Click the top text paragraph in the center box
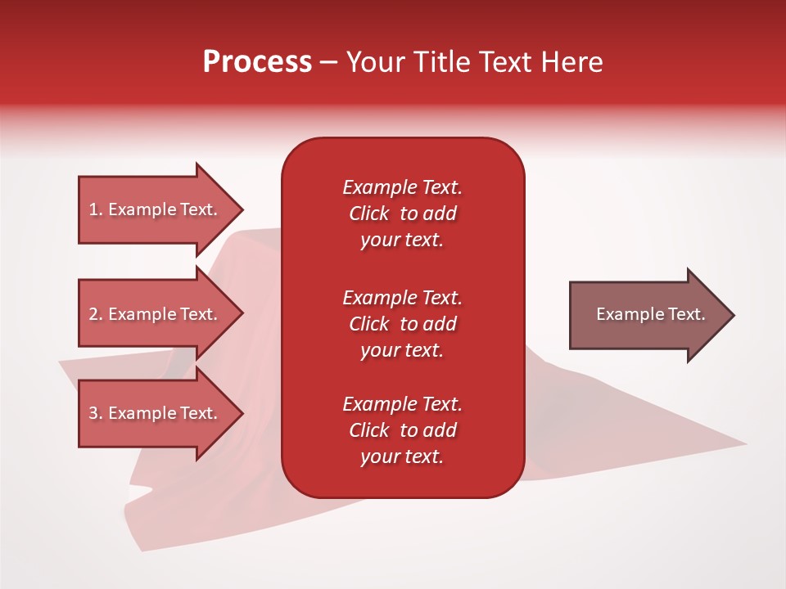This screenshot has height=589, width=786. click(x=402, y=214)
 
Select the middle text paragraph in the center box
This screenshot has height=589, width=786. click(x=402, y=324)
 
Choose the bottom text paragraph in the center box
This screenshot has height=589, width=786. click(x=402, y=430)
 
